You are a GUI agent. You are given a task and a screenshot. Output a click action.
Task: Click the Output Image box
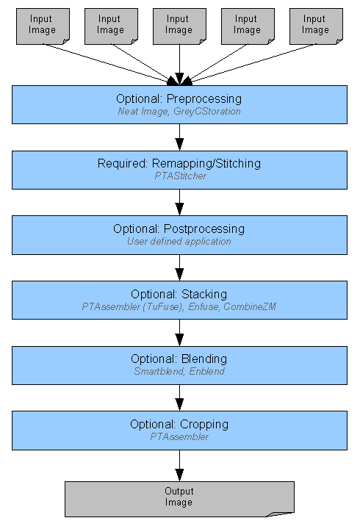click(x=179, y=499)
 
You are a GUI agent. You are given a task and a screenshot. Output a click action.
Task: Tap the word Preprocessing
click(x=204, y=99)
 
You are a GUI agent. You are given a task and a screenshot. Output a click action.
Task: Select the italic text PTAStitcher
click(x=181, y=176)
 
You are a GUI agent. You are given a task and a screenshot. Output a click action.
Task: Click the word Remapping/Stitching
click(x=206, y=164)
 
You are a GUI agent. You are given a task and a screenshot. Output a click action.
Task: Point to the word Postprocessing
click(x=204, y=229)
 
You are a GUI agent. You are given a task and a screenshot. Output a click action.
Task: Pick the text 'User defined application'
click(x=179, y=242)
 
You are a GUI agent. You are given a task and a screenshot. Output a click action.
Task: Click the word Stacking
click(x=204, y=295)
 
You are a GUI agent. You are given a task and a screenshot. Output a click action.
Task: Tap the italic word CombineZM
click(x=250, y=306)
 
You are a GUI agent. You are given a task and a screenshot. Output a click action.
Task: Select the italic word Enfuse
click(x=203, y=306)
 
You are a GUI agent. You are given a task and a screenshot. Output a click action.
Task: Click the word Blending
click(x=204, y=359)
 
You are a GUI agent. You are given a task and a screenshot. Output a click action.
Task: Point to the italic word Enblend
click(x=207, y=372)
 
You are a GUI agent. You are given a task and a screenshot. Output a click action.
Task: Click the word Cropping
click(x=204, y=425)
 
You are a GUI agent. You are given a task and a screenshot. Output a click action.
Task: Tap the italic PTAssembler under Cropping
click(x=179, y=437)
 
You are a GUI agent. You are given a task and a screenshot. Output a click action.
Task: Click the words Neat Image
click(x=143, y=112)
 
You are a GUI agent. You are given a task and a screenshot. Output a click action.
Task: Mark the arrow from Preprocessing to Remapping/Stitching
click(x=179, y=137)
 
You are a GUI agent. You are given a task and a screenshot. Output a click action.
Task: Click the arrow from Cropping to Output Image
click(x=179, y=466)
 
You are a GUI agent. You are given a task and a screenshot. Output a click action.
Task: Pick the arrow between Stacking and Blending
click(x=179, y=333)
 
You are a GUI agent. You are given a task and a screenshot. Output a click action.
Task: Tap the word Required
click(x=123, y=164)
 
